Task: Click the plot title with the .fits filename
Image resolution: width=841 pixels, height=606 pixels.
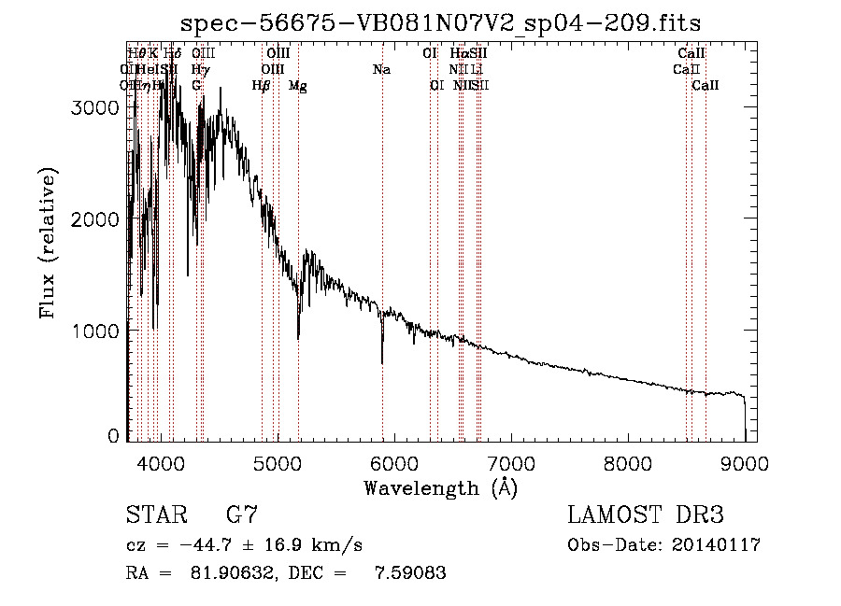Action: (x=440, y=22)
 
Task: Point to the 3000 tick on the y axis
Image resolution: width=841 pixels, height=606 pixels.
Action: (x=97, y=107)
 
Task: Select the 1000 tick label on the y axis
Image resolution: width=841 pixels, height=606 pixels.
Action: (x=97, y=331)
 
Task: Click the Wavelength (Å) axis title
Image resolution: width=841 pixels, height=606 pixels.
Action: (x=440, y=486)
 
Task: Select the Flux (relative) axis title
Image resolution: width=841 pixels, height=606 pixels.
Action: (x=48, y=243)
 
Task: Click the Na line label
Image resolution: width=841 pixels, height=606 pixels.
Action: (x=381, y=70)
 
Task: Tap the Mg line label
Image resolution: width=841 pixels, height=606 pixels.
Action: (x=298, y=86)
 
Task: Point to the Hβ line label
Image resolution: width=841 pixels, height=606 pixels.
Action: (x=262, y=86)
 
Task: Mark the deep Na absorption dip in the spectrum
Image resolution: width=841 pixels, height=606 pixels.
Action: (x=382, y=359)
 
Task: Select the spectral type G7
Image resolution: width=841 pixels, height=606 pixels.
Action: (x=242, y=515)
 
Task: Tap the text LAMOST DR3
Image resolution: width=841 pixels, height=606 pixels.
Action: (x=646, y=515)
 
